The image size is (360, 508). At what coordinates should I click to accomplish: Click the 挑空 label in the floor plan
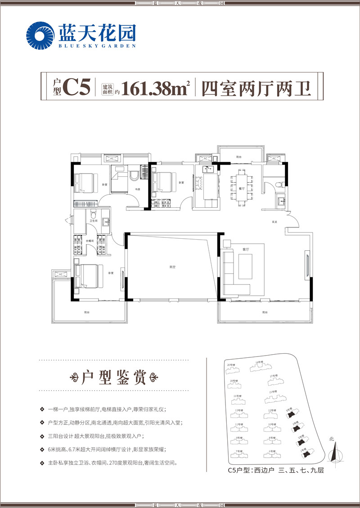pyautogui.click(x=172, y=267)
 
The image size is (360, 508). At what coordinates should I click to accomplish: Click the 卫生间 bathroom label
pyautogui.click(x=93, y=220)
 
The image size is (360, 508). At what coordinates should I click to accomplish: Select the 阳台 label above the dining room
pyautogui.click(x=238, y=157)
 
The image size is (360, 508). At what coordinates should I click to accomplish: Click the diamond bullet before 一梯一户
pyautogui.click(x=41, y=410)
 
